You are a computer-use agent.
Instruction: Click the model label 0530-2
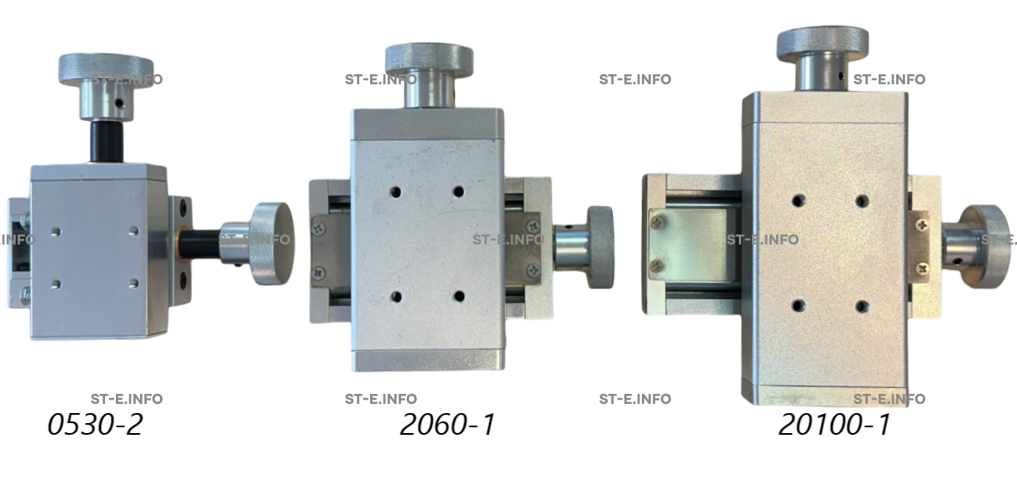coord(95,425)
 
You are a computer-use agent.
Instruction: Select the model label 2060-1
coord(448,425)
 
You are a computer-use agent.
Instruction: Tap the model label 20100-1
coord(834,425)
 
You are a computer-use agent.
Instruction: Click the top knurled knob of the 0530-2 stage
coord(106,69)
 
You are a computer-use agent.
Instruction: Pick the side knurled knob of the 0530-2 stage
coord(273,244)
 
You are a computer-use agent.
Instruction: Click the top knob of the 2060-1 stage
coord(429,60)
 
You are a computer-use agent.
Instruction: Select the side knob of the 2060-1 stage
coord(600,247)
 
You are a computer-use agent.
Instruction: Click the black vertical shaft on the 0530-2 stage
coord(107,141)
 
